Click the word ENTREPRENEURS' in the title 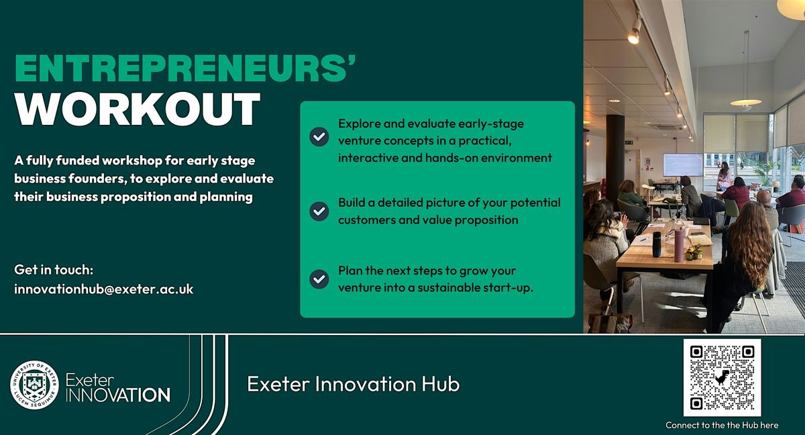coord(185,68)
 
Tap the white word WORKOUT coord(138,109)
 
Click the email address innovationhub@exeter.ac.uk coord(104,289)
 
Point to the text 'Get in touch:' coord(54,270)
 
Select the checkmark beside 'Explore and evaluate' coord(319,137)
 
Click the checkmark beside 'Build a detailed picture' coord(319,211)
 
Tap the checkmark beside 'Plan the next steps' coord(319,279)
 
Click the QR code coord(722,377)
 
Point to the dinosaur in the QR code coord(722,377)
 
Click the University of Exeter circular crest coord(34,385)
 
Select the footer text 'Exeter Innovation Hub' coord(354,383)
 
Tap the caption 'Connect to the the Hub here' coord(722,426)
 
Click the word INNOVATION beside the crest coord(118,395)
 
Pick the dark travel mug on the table coord(657,244)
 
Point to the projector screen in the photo coord(683,164)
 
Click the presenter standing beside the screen coord(724,176)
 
